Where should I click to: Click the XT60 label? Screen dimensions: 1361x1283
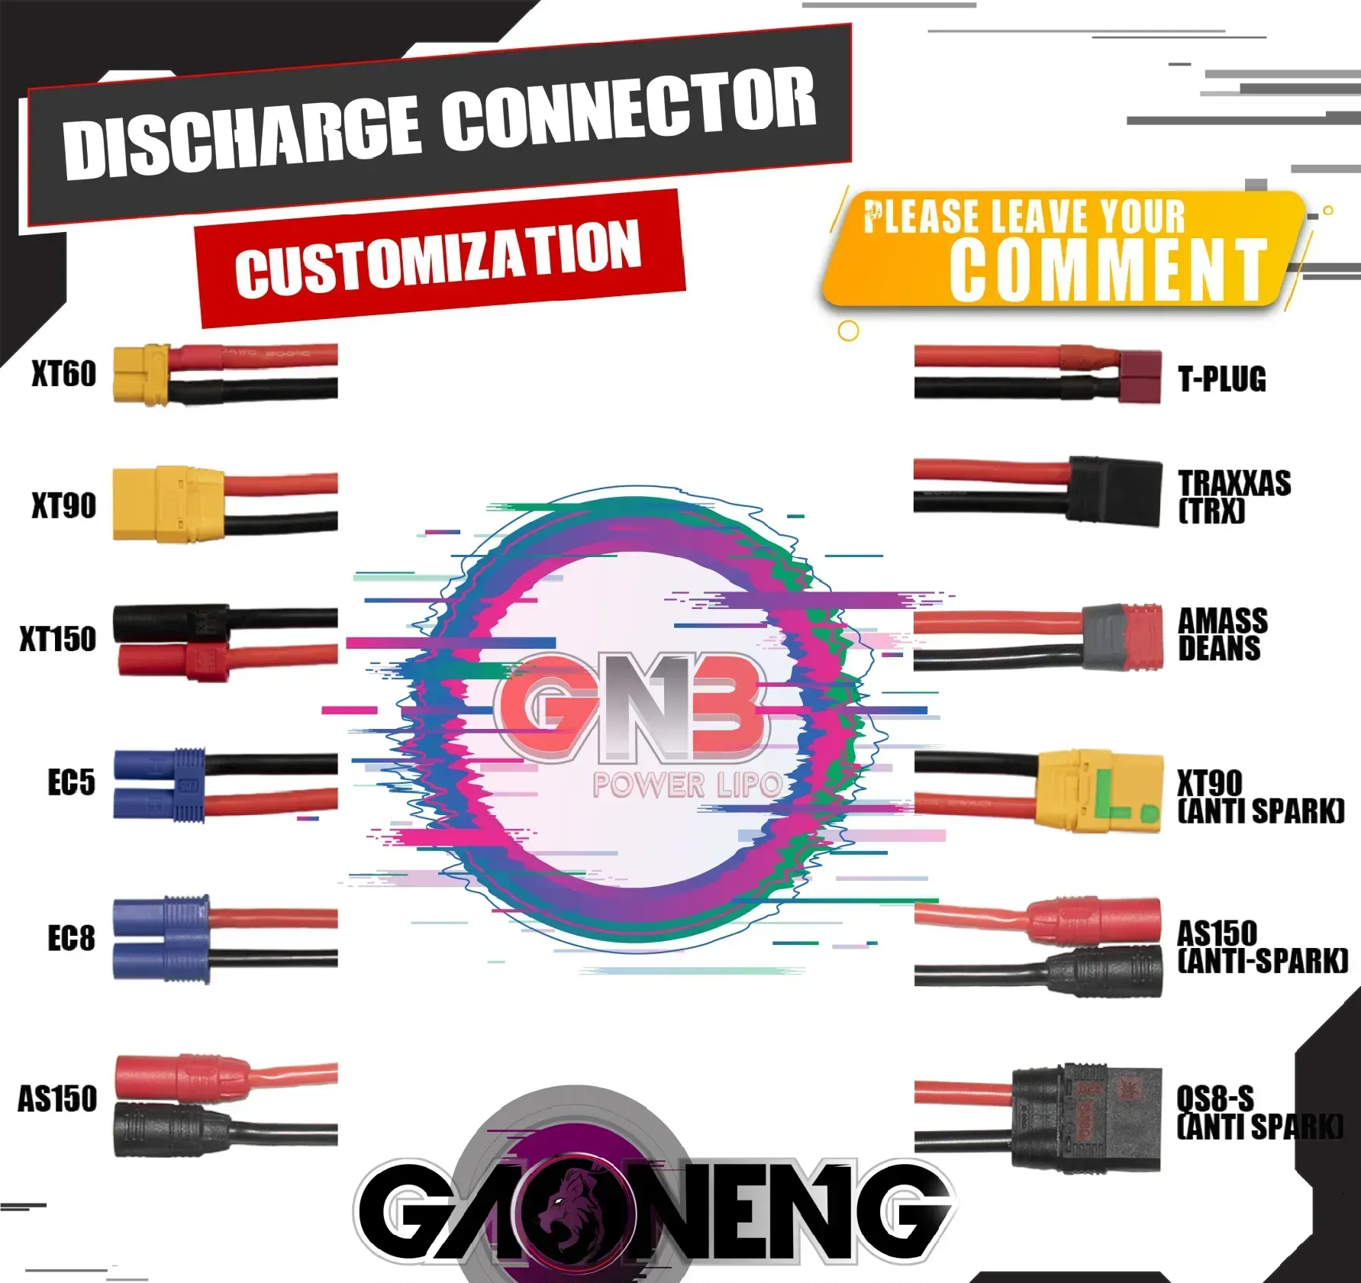tap(64, 374)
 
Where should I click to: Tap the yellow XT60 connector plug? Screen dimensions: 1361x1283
tap(140, 374)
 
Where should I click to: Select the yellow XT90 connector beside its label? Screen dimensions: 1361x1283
tap(168, 504)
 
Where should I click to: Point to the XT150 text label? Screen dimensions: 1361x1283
tap(59, 639)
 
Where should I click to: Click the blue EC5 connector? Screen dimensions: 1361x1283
tap(159, 785)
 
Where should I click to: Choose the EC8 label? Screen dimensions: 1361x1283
tap(71, 938)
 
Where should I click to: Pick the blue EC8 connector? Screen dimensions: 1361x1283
tap(161, 939)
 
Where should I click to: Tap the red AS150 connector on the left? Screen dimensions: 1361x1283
tap(182, 1077)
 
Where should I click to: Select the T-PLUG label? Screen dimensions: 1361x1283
tap(1221, 379)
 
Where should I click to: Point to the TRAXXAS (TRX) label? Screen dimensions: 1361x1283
tap(1234, 496)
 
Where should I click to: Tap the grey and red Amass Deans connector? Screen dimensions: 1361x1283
tap(1123, 638)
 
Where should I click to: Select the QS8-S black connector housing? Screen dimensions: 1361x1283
tap(1087, 1117)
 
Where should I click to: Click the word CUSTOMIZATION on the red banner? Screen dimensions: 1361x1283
tap(438, 259)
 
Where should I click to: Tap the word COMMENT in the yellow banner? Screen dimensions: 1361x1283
tap(1108, 269)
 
